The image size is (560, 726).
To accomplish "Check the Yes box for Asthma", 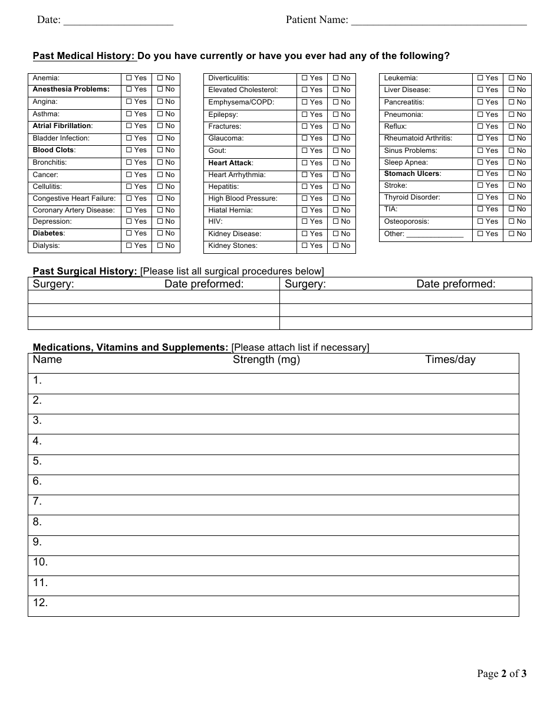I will pyautogui.click(x=129, y=114).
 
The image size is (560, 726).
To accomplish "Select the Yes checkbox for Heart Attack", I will pyautogui.click(x=305, y=163).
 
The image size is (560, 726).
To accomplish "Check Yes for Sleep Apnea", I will pyautogui.click(x=480, y=162).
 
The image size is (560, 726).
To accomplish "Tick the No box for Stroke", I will pyautogui.click(x=511, y=185).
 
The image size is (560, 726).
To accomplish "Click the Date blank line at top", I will pyautogui.click(x=118, y=22).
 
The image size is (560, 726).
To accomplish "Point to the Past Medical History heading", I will pyautogui.click(x=84, y=56).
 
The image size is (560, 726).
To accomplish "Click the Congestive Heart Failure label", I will pyautogui.click(x=74, y=198).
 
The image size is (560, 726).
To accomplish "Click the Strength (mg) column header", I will pyautogui.click(x=266, y=360).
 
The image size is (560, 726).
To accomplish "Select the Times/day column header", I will pyautogui.click(x=450, y=360).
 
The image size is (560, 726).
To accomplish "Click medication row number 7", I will pyautogui.click(x=37, y=502).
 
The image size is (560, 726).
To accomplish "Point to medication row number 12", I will pyautogui.click(x=40, y=603).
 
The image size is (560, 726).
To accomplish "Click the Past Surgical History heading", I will pyautogui.click(x=85, y=272).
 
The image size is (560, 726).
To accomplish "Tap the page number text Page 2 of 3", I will pyautogui.click(x=502, y=673).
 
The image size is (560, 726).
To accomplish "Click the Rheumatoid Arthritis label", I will pyautogui.click(x=418, y=138).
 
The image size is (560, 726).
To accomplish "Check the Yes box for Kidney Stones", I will pyautogui.click(x=305, y=246).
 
